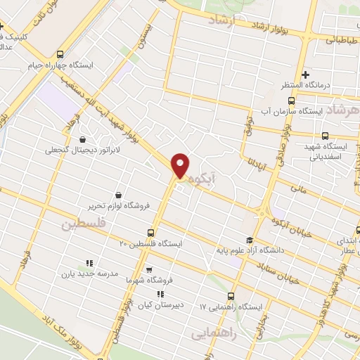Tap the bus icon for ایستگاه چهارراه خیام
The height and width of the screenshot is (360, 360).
60,53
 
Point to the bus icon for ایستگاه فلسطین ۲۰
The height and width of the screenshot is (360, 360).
150,233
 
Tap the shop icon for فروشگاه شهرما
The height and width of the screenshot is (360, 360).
148,269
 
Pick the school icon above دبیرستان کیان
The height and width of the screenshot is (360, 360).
161,294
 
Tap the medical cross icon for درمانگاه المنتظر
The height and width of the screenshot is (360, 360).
304,75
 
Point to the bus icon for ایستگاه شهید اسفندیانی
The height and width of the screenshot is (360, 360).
324,136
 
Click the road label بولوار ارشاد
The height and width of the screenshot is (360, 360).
257,27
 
